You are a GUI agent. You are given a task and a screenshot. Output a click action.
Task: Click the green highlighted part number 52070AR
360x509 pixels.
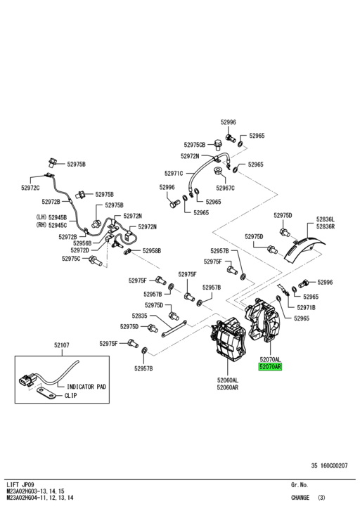(x=270, y=367)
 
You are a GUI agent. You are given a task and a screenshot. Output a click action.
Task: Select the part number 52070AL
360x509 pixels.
(x=270, y=359)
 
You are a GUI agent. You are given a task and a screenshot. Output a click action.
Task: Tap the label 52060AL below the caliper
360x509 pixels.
(x=227, y=380)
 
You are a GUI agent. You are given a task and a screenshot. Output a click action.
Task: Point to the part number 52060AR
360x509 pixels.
(x=227, y=387)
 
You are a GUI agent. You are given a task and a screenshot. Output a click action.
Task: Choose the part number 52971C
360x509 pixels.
(x=174, y=173)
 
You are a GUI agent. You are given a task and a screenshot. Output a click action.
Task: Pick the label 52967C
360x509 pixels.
(x=225, y=188)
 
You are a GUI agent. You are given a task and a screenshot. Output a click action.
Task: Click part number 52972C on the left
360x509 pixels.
(x=30, y=188)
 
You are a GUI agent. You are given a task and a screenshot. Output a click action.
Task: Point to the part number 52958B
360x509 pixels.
(x=151, y=250)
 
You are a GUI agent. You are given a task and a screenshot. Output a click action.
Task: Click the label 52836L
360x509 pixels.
(x=326, y=219)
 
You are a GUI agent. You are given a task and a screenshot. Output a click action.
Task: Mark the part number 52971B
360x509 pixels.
(x=306, y=307)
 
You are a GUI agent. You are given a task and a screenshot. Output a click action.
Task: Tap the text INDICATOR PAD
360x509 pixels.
(x=86, y=387)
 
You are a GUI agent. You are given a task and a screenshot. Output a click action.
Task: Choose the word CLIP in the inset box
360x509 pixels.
(x=70, y=396)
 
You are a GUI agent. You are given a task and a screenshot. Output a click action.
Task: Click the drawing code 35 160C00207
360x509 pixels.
(x=334, y=465)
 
